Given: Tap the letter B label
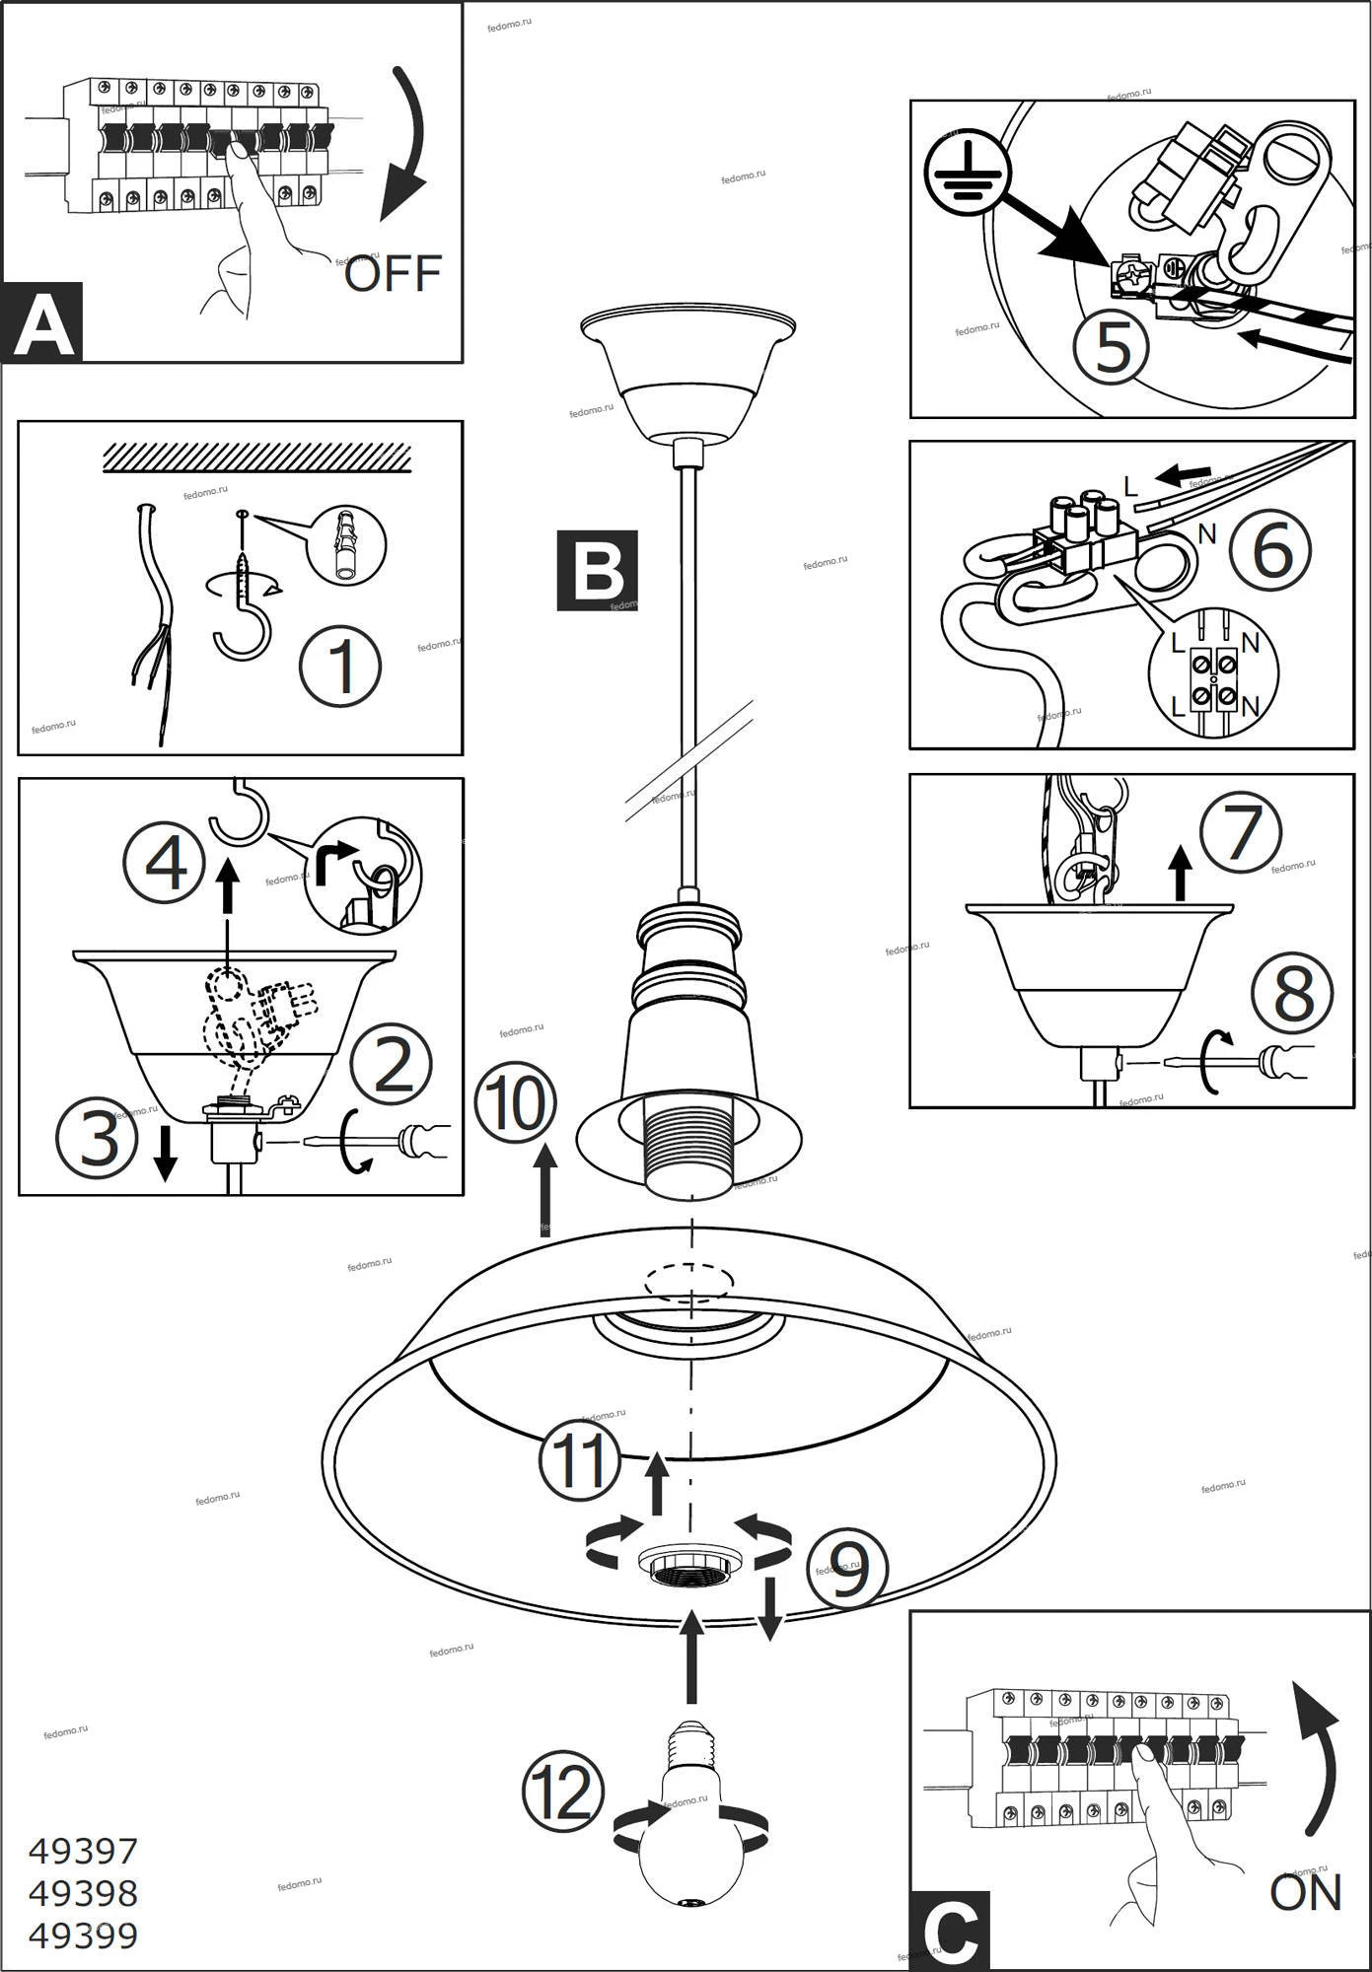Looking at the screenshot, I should click(597, 570).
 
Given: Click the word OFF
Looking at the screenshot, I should click(393, 273).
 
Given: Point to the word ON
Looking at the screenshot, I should click(1306, 1892).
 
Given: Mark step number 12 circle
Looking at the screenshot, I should click(563, 1792).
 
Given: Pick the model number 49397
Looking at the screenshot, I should click(83, 1851).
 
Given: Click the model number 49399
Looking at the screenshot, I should click(83, 1936).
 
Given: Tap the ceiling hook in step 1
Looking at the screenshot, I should click(243, 621).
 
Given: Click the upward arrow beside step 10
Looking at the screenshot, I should click(544, 1188).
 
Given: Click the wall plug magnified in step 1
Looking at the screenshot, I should click(346, 544).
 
